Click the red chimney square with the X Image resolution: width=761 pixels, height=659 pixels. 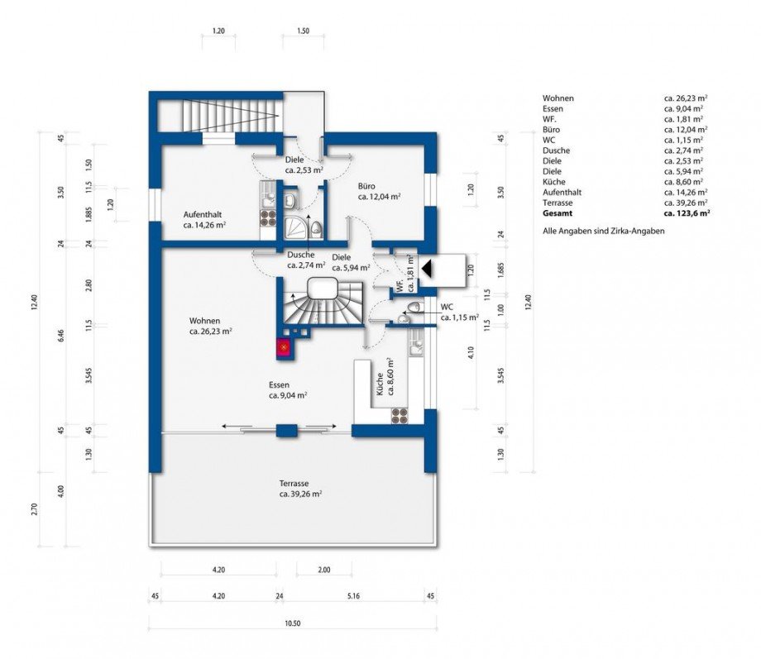(284, 347)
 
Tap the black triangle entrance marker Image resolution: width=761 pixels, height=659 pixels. (427, 267)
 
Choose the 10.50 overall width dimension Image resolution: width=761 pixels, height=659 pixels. (293, 623)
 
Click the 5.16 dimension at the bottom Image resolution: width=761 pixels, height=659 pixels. (353, 596)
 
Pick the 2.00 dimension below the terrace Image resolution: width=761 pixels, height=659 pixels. (323, 570)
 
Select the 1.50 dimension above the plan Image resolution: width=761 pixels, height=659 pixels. (303, 31)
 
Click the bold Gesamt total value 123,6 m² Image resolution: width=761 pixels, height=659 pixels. (687, 213)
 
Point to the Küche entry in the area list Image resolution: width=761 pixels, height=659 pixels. (553, 182)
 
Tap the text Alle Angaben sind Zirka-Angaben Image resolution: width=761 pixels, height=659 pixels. (603, 231)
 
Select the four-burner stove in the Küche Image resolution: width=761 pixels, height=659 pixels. (400, 415)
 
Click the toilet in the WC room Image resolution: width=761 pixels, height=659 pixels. (413, 308)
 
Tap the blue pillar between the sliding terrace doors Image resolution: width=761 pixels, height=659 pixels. (286, 431)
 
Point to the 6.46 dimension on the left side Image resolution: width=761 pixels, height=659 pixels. (60, 336)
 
